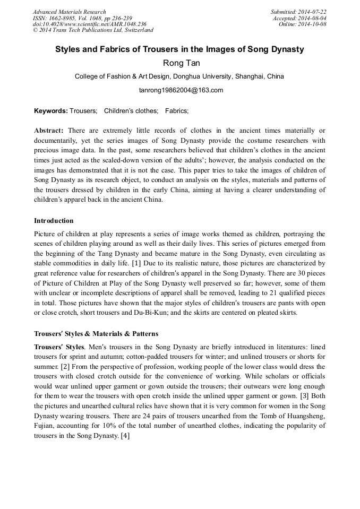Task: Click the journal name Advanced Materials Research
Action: click(x=69, y=12)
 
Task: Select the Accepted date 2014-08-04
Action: click(x=312, y=18)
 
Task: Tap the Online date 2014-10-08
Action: click(x=312, y=24)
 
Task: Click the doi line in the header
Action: click(x=89, y=24)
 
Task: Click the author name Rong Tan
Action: click(x=179, y=64)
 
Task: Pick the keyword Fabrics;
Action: click(x=177, y=111)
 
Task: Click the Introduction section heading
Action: click(x=54, y=221)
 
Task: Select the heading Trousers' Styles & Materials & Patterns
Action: click(x=96, y=334)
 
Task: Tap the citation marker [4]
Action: click(x=125, y=436)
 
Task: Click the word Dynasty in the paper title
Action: click(x=287, y=49)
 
